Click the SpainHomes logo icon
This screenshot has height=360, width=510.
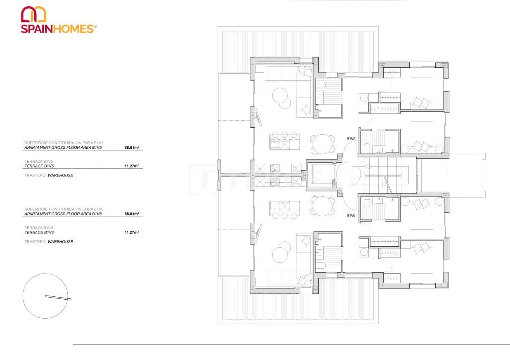coord(33,14)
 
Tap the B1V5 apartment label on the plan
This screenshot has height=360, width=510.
coord(351,139)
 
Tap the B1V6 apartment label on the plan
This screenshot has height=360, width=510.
coord(351,216)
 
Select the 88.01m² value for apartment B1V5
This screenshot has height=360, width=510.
coord(131,147)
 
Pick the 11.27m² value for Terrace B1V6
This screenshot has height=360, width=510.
coord(131,233)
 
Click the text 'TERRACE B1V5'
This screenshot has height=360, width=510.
coord(39,166)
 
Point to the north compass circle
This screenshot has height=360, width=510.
coord(45,296)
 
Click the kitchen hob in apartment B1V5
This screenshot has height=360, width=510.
coord(275,168)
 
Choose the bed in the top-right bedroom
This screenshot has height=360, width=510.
coord(422,93)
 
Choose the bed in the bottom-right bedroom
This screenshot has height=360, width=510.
coord(422,257)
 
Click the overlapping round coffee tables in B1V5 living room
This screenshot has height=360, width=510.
coord(282,98)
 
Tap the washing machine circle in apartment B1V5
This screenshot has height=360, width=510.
coord(364,98)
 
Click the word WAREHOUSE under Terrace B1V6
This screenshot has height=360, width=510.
coord(60,242)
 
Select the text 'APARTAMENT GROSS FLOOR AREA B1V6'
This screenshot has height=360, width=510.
coord(63,214)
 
